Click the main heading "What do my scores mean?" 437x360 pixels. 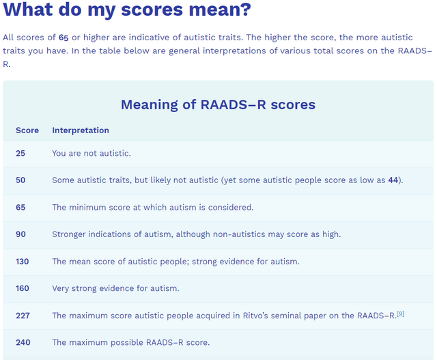coord(127,10)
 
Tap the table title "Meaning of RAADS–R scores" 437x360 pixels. coord(218,105)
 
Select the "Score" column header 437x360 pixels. coord(27,130)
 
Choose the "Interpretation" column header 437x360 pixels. coord(81,130)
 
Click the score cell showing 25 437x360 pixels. coord(20,153)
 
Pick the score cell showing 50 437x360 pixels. coord(20,180)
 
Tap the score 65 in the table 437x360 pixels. coord(20,208)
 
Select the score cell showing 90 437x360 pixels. coord(20,234)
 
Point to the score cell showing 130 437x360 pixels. coord(23,262)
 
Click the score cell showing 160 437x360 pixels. coord(23,288)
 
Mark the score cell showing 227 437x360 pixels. coord(23,316)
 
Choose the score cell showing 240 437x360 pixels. coord(23,342)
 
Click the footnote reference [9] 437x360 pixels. coord(401,314)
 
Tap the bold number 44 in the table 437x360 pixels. coord(393,180)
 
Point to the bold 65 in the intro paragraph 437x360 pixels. coord(64,38)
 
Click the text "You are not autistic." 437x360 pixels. coord(91,153)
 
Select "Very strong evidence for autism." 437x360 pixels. coord(115,288)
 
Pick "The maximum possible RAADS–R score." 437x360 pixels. coord(131,342)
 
